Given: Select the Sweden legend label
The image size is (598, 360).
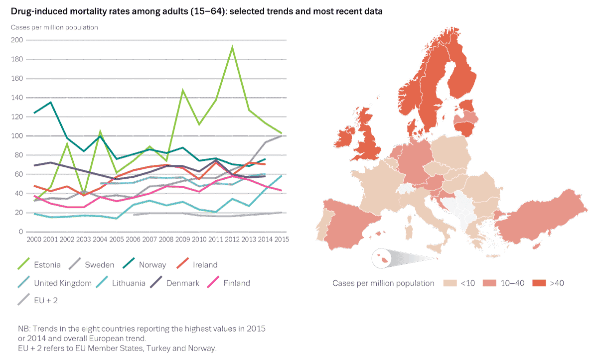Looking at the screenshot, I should (x=99, y=265).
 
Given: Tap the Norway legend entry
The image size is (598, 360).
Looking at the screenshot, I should (x=152, y=265).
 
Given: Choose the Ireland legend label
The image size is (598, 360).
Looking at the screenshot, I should (x=205, y=265).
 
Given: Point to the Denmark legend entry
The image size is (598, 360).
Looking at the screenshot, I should (x=183, y=283).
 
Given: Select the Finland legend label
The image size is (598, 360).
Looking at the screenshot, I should (x=236, y=283).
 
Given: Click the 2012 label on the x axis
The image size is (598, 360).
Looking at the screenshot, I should (x=232, y=240).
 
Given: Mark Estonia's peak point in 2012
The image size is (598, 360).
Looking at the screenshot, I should (x=232, y=47).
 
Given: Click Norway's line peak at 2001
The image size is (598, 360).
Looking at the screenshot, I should (x=51, y=103).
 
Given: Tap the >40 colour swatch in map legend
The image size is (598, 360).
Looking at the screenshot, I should (x=539, y=283).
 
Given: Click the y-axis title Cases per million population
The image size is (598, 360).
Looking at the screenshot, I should (x=55, y=27).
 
